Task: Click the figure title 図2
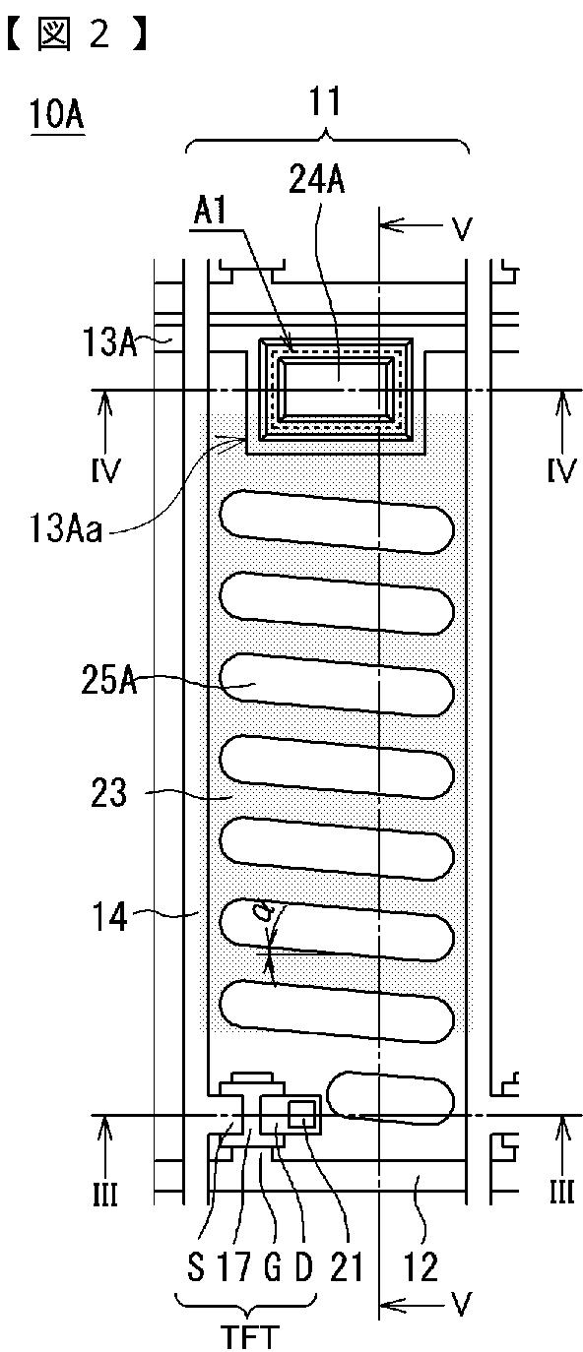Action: pyautogui.click(x=76, y=33)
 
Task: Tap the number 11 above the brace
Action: pyautogui.click(x=325, y=101)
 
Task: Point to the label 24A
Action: pyautogui.click(x=316, y=179)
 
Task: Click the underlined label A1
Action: pyautogui.click(x=210, y=212)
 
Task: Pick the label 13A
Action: pyautogui.click(x=109, y=341)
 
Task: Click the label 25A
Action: pyautogui.click(x=109, y=681)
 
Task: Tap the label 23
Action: pyautogui.click(x=108, y=792)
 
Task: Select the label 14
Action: pyautogui.click(x=109, y=917)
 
